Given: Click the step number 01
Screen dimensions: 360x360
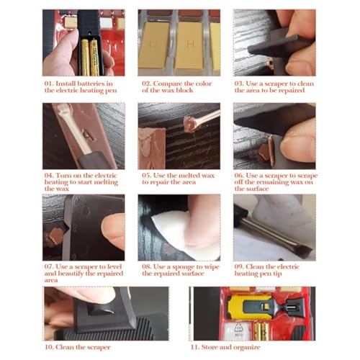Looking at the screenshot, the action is [49, 84].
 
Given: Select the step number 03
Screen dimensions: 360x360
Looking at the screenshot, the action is [239, 84].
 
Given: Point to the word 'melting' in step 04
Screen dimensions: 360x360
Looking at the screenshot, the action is [106, 182].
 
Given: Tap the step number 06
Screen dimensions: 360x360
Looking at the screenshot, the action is [239, 176].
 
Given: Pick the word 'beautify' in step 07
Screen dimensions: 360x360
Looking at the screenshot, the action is [71, 274].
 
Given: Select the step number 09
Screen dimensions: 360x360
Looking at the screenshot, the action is [239, 267].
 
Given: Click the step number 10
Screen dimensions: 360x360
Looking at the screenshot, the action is [49, 347].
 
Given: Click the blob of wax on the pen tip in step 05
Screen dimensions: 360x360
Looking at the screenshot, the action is [191, 125].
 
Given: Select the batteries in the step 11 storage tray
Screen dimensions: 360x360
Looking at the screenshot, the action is [261, 331].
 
